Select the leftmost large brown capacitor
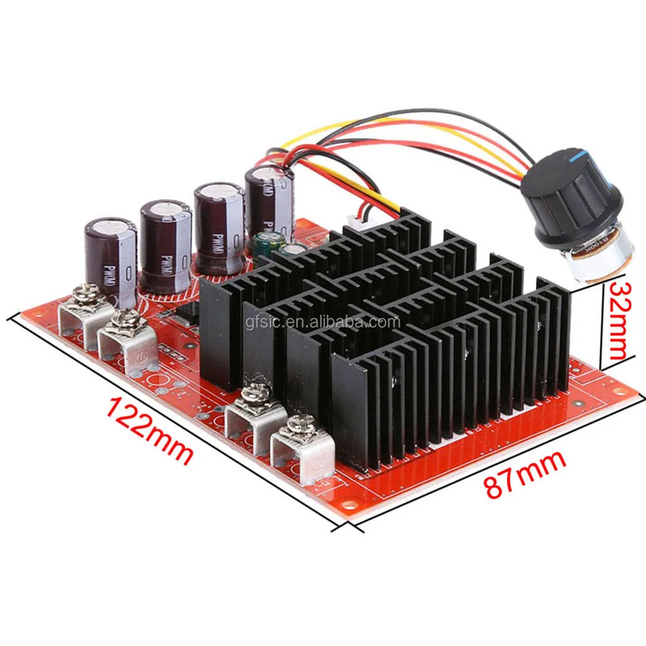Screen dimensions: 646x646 (111, 255)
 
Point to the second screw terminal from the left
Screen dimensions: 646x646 (124, 341)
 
